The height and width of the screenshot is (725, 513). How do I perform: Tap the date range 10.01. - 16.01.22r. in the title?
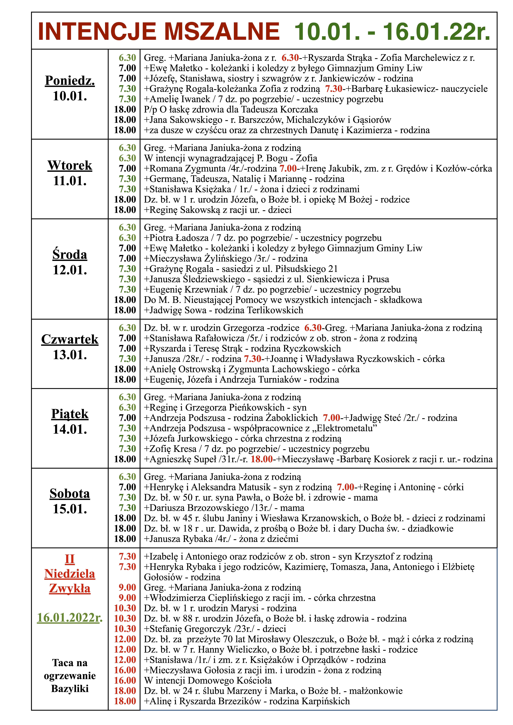coord(392,32)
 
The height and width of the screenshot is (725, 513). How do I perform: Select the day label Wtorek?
coord(70,165)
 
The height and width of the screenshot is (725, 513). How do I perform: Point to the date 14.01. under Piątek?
coord(70,429)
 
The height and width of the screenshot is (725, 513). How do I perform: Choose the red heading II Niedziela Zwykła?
coord(70,574)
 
